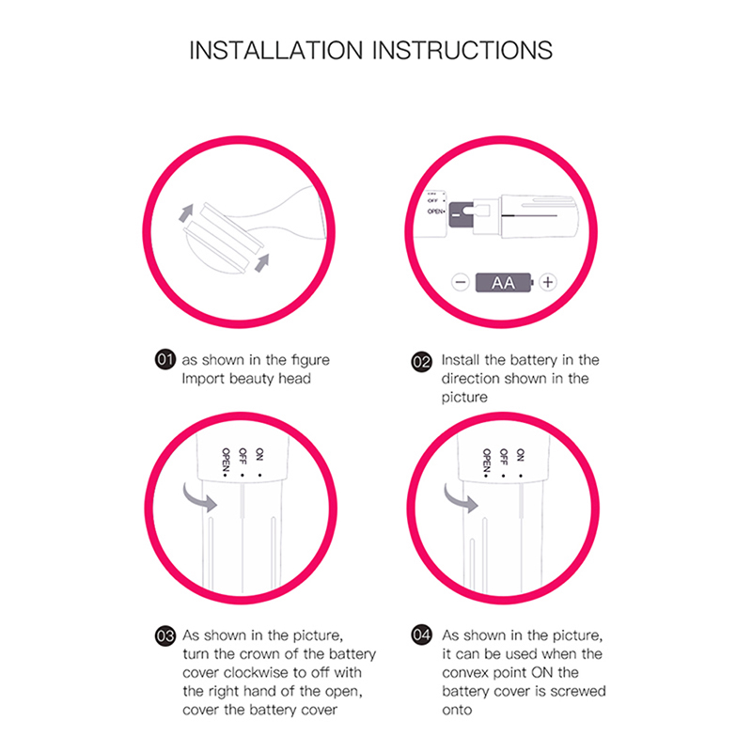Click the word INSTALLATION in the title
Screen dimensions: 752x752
tap(276, 51)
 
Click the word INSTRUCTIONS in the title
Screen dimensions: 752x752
tap(462, 51)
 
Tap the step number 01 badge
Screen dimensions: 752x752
tap(165, 359)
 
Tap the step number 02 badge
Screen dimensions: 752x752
tap(421, 362)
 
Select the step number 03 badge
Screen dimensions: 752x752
tap(165, 636)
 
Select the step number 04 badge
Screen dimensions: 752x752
tap(421, 635)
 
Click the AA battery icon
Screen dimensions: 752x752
tap(504, 283)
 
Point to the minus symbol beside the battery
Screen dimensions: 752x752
tap(461, 282)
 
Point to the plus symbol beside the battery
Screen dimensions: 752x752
tap(548, 282)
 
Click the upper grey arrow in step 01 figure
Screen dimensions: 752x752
tap(186, 212)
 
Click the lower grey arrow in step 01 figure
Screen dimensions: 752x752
tap(262, 263)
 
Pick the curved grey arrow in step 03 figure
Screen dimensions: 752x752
tap(198, 499)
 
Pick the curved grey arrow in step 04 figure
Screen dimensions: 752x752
tap(460, 499)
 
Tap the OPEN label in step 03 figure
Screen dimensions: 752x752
tap(226, 462)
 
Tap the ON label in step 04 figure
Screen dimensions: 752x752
tap(521, 455)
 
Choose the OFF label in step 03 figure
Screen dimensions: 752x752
tap(243, 456)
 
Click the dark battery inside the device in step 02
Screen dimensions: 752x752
tap(461, 214)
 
